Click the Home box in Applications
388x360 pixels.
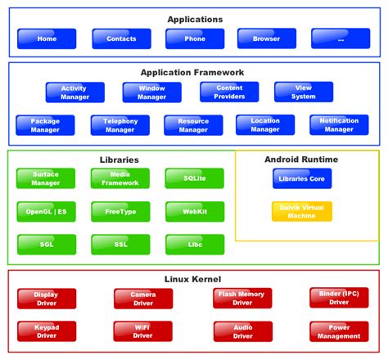click(46, 38)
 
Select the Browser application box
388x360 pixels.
click(267, 38)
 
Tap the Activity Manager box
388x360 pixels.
click(74, 92)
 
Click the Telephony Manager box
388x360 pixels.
click(120, 125)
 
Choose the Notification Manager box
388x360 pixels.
click(339, 125)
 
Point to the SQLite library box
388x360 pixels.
click(195, 178)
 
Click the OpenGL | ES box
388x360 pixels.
click(46, 211)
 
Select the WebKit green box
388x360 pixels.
click(195, 211)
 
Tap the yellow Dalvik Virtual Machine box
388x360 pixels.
click(302, 211)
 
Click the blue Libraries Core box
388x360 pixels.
click(302, 178)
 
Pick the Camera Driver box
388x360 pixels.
click(143, 298)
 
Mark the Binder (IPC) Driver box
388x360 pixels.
click(339, 298)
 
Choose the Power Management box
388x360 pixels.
click(339, 331)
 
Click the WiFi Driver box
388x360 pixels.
click(143, 331)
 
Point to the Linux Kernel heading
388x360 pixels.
click(194, 280)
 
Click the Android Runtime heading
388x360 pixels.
click(301, 160)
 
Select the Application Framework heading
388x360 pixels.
click(192, 73)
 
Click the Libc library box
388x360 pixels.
click(195, 244)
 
